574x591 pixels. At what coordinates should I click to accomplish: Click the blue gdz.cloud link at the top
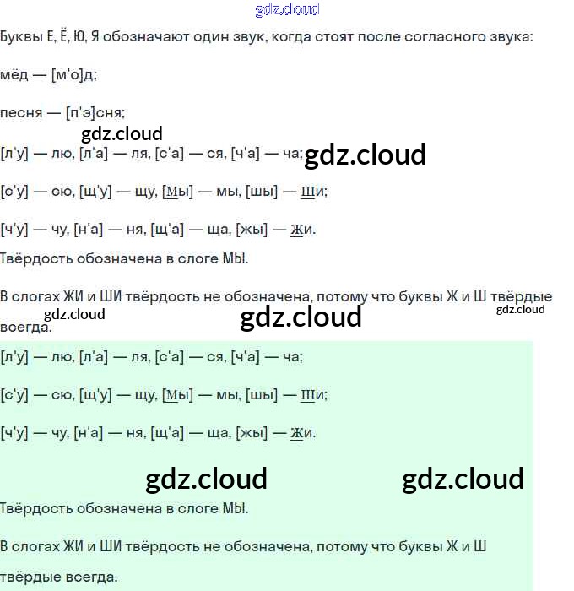click(x=287, y=9)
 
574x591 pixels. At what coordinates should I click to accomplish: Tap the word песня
click(x=20, y=112)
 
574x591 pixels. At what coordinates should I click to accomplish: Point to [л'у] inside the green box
click(x=14, y=356)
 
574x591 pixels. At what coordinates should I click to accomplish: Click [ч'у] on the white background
click(x=14, y=229)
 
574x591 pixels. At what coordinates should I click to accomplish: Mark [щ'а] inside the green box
click(x=165, y=433)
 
